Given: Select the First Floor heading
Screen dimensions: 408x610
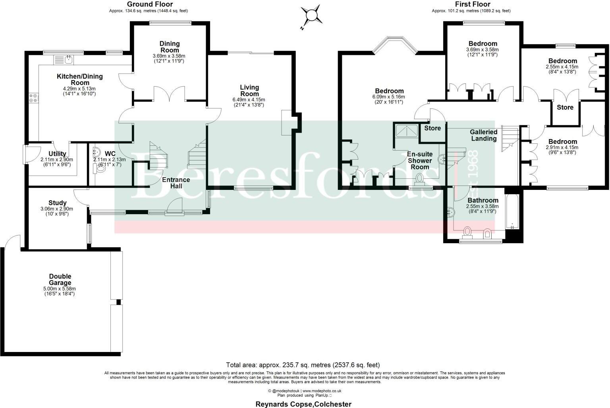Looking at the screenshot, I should [473, 4].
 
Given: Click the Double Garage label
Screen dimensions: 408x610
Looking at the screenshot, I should [60, 280].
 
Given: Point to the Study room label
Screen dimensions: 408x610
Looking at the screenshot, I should [58, 203].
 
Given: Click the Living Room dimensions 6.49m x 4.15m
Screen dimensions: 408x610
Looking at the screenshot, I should [249, 100].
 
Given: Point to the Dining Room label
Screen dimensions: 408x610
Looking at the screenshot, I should [170, 47].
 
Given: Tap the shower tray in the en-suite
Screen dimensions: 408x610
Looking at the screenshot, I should [406, 130].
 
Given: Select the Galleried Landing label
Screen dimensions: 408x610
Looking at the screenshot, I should [483, 135].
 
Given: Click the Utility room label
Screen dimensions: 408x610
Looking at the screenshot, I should [57, 154].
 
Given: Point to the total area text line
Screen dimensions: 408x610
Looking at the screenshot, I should [303, 365].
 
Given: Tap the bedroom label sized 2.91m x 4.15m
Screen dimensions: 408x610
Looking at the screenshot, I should [562, 142].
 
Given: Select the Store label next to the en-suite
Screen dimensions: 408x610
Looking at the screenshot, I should [432, 128].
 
